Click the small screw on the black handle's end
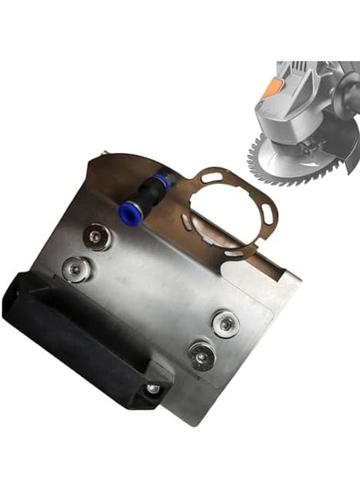[x=153, y=389]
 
